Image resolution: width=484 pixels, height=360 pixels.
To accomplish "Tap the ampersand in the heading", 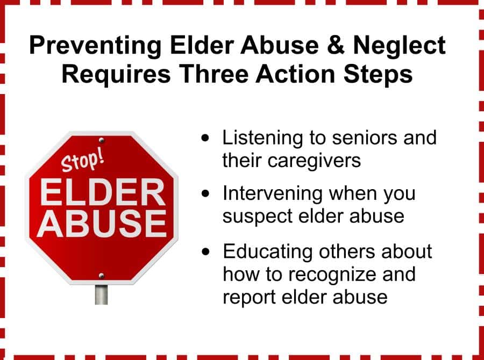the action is coord(336,45).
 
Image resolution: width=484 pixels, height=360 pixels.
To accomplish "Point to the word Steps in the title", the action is coord(378,75).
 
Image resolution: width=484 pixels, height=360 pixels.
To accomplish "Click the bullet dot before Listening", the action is coord(205,138).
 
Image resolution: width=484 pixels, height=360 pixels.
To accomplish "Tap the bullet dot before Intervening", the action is coord(205,193).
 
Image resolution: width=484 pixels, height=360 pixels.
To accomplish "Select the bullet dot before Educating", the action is coord(205,251).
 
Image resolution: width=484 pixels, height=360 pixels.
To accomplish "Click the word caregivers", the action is coord(314,162).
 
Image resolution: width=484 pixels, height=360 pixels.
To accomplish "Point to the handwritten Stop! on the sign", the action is coord(82,160).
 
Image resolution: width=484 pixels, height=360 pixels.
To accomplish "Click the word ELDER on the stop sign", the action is coord(102,192).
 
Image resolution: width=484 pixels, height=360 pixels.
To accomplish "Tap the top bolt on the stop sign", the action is coord(102,141).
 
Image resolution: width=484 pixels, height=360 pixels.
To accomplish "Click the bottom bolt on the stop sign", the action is coord(101,275).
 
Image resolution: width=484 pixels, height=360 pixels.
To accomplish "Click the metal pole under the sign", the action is coord(101,294).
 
